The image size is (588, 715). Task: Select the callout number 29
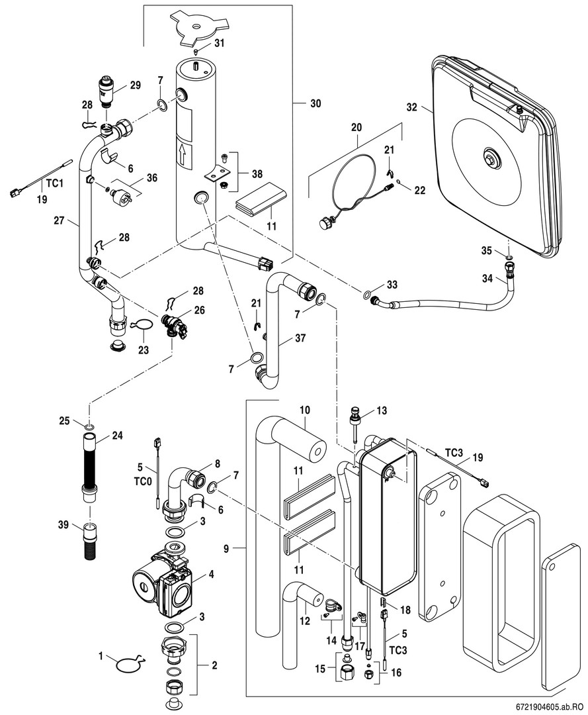[135, 85]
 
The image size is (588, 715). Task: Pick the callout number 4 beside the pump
[211, 575]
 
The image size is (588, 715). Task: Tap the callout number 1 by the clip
[102, 657]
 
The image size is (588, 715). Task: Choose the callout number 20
[357, 126]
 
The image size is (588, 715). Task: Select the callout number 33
[392, 284]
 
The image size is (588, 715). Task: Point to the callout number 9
[226, 548]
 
